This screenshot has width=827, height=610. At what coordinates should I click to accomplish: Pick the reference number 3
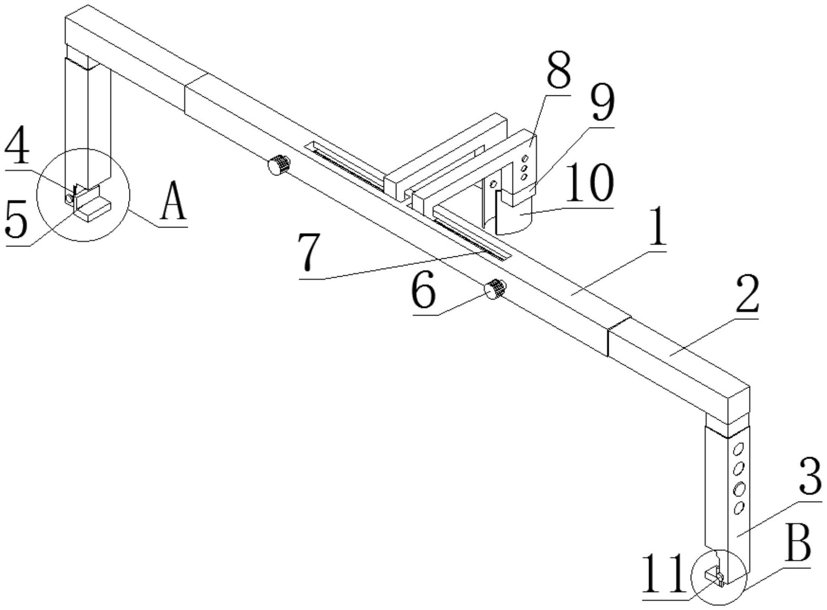(x=809, y=477)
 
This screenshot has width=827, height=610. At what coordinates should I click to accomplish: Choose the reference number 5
(x=17, y=220)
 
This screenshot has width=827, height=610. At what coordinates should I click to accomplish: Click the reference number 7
(x=309, y=252)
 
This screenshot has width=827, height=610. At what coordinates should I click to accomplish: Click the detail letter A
(x=173, y=201)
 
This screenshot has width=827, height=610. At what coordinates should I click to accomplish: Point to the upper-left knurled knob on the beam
(x=279, y=165)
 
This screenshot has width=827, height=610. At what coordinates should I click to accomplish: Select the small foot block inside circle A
(x=92, y=209)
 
